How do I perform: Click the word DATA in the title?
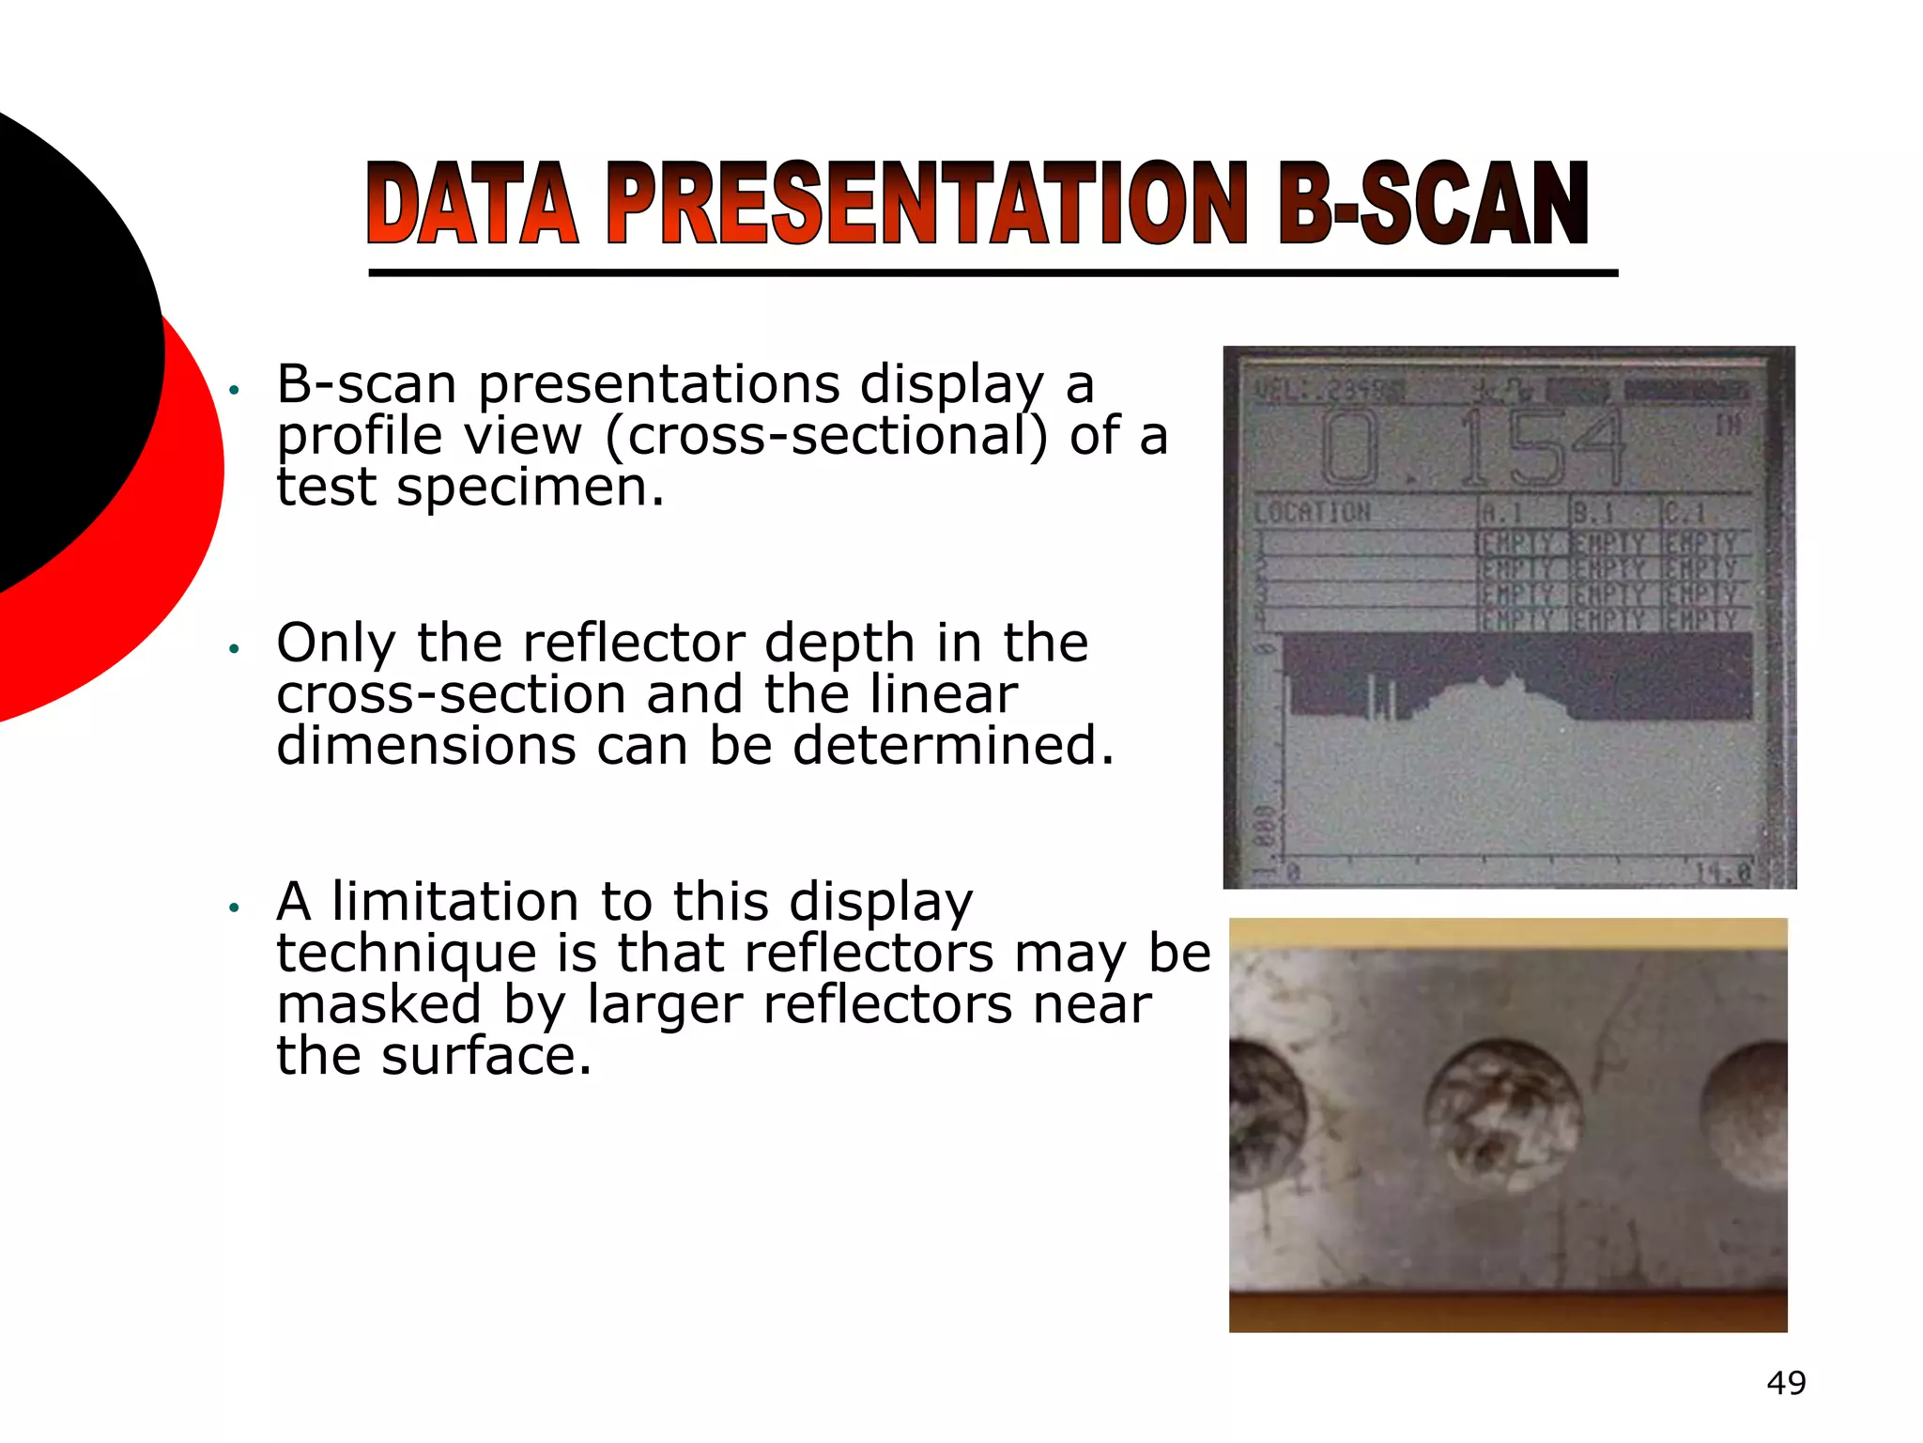click(x=472, y=204)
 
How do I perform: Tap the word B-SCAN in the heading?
click(x=1433, y=204)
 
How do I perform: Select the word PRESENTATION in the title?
click(x=927, y=204)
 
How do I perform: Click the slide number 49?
click(x=1786, y=1383)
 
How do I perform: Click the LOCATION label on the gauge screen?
click(x=1313, y=513)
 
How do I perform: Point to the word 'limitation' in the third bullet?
click(x=455, y=902)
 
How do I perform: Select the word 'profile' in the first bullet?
click(x=360, y=437)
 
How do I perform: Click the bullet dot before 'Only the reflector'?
click(x=236, y=648)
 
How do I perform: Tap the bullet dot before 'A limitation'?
click(x=236, y=908)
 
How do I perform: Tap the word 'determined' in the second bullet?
click(x=952, y=747)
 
